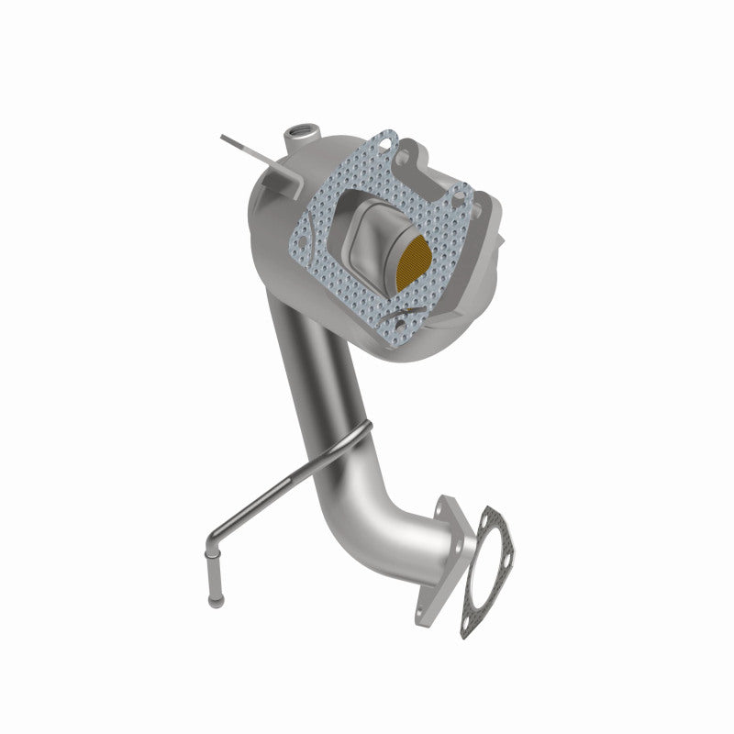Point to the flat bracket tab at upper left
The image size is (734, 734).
click(x=241, y=147)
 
